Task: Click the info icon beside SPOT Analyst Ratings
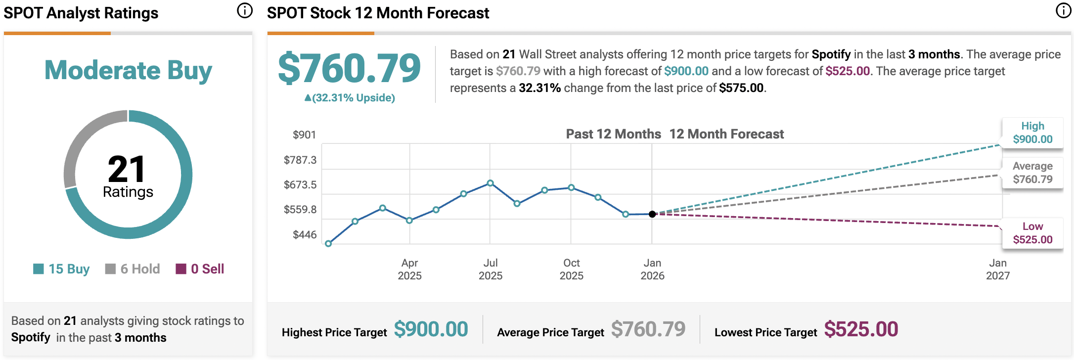(x=245, y=10)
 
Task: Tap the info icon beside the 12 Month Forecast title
(x=1063, y=10)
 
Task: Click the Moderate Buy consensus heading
(x=128, y=70)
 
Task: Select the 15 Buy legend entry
(x=62, y=269)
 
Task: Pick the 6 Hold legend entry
(x=133, y=269)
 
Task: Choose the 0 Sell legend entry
(x=200, y=269)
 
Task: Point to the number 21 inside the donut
(x=127, y=169)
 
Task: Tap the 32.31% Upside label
(x=350, y=98)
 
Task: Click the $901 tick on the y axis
(x=304, y=135)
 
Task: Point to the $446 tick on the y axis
(x=304, y=235)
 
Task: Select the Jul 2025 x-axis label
(x=491, y=270)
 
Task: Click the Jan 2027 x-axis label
(x=998, y=270)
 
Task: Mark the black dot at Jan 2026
(x=652, y=214)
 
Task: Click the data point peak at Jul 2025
(x=491, y=183)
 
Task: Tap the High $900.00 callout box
(x=1032, y=133)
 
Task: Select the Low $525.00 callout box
(x=1032, y=233)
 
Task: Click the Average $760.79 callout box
(x=1032, y=173)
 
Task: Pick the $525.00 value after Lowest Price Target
(x=861, y=329)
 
